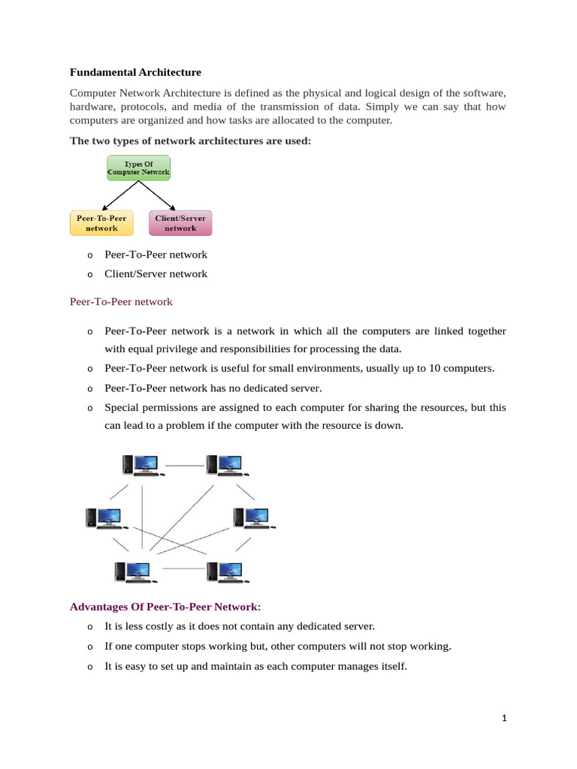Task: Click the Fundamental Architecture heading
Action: pyautogui.click(x=135, y=73)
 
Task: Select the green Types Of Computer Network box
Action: pyautogui.click(x=138, y=167)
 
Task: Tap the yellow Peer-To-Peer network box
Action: pyautogui.click(x=101, y=223)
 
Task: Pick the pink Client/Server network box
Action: pyautogui.click(x=180, y=223)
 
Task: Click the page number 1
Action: pyautogui.click(x=505, y=719)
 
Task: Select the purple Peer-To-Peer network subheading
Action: pyautogui.click(x=121, y=302)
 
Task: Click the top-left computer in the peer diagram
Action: pyautogui.click(x=140, y=466)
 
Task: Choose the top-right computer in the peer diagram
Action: pyautogui.click(x=225, y=466)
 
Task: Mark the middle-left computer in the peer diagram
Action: pyautogui.click(x=103, y=517)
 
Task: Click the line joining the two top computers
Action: pyautogui.click(x=184, y=466)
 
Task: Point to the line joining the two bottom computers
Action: pyautogui.click(x=183, y=568)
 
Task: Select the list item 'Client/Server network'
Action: pyautogui.click(x=156, y=274)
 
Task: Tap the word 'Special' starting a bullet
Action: pyautogui.click(x=122, y=407)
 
